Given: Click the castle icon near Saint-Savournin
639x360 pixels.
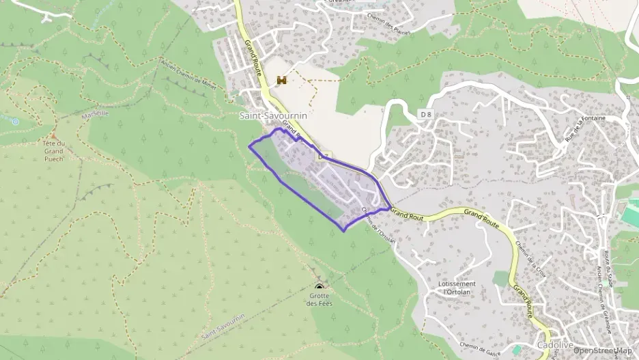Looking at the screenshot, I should point(281,80).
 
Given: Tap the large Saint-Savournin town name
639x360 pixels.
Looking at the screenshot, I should point(273,115).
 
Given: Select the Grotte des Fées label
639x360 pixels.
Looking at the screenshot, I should point(319,299).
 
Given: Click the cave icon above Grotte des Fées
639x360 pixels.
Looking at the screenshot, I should point(319,287).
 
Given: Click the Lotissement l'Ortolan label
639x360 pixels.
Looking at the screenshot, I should point(458,287).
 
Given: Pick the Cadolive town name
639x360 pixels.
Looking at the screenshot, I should point(554,345).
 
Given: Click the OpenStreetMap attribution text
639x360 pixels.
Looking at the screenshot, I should point(603,350).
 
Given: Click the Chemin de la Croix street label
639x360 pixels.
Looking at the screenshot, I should point(532,259).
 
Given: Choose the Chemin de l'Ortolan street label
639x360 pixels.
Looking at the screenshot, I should point(378,225).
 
